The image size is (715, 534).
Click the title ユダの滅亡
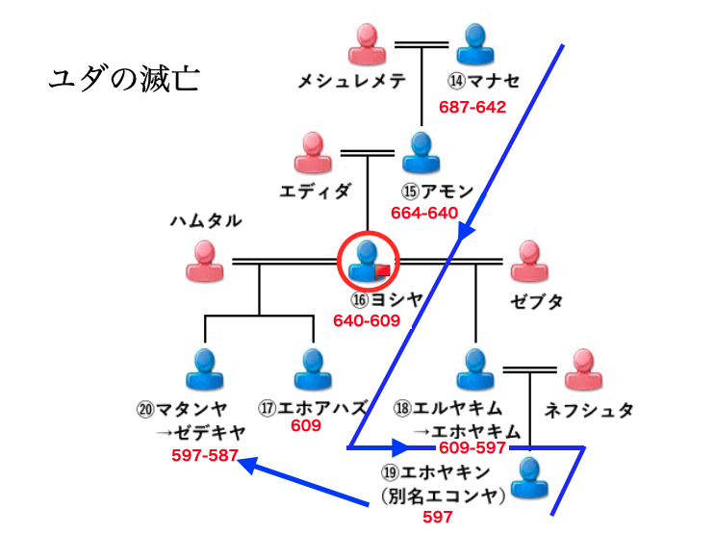point(123,78)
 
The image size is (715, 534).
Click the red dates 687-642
point(472,107)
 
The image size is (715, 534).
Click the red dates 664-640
point(424,213)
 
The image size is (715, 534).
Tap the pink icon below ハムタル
point(204,261)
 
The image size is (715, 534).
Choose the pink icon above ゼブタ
point(528,261)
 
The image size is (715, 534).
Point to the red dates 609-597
point(472,447)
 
